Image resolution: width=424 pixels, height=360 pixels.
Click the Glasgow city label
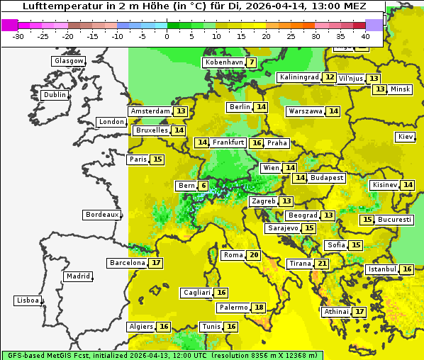pyautogui.click(x=69, y=61)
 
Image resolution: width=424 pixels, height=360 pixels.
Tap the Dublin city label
pyautogui.click(x=55, y=95)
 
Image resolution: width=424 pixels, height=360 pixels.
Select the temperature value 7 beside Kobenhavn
pyautogui.click(x=252, y=62)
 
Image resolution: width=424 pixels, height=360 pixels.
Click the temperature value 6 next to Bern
pyautogui.click(x=203, y=186)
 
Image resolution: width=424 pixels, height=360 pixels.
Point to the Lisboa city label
pyautogui.click(x=28, y=300)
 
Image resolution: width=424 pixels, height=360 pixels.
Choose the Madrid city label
pyautogui.click(x=78, y=276)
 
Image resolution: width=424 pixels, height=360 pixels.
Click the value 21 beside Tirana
pyautogui.click(x=322, y=264)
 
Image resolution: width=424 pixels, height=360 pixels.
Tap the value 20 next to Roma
pyautogui.click(x=254, y=255)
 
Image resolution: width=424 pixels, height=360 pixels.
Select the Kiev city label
pyautogui.click(x=406, y=137)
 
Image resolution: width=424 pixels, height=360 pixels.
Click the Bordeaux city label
pyautogui.click(x=102, y=215)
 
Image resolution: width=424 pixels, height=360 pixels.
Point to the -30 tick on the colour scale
pyautogui.click(x=18, y=36)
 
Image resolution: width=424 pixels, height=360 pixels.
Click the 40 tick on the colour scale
pyautogui.click(x=365, y=36)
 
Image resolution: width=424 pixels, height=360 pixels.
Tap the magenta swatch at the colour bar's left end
pyautogui.click(x=9, y=25)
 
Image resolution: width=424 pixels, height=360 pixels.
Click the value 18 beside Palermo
pyautogui.click(x=260, y=308)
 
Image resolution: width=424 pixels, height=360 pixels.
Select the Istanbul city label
pyautogui.click(x=382, y=270)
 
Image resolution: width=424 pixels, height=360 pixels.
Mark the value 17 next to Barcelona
pyautogui.click(x=156, y=263)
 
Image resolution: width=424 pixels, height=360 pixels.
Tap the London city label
pyautogui.click(x=111, y=122)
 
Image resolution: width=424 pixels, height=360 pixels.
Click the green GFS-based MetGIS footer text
pyautogui.click(x=162, y=355)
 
